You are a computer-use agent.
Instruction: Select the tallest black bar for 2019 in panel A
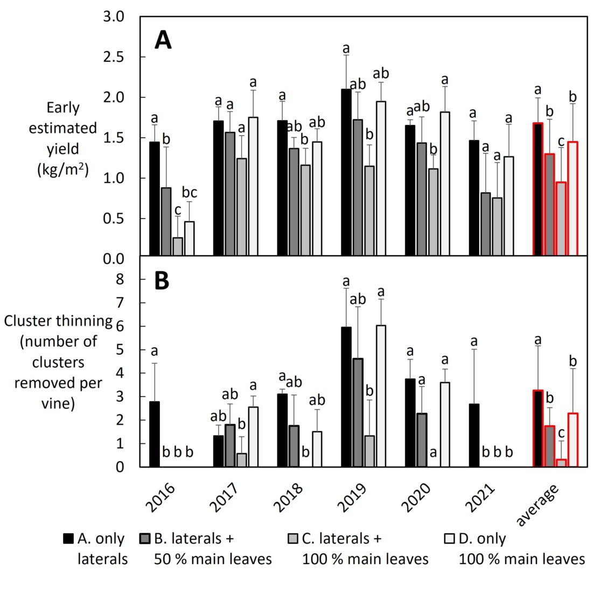pos(346,172)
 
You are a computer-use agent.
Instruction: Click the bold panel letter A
pos(163,40)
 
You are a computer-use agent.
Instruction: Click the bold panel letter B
pos(162,281)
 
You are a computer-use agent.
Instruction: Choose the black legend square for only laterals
pos(68,538)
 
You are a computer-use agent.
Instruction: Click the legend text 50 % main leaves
pos(213,559)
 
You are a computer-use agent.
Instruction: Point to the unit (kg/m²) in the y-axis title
pos(62,169)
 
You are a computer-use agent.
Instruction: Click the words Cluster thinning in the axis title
pos(58,321)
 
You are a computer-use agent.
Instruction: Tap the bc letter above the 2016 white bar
pos(189,192)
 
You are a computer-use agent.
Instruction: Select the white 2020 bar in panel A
pos(445,184)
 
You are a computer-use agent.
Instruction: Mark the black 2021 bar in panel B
pos(474,435)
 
